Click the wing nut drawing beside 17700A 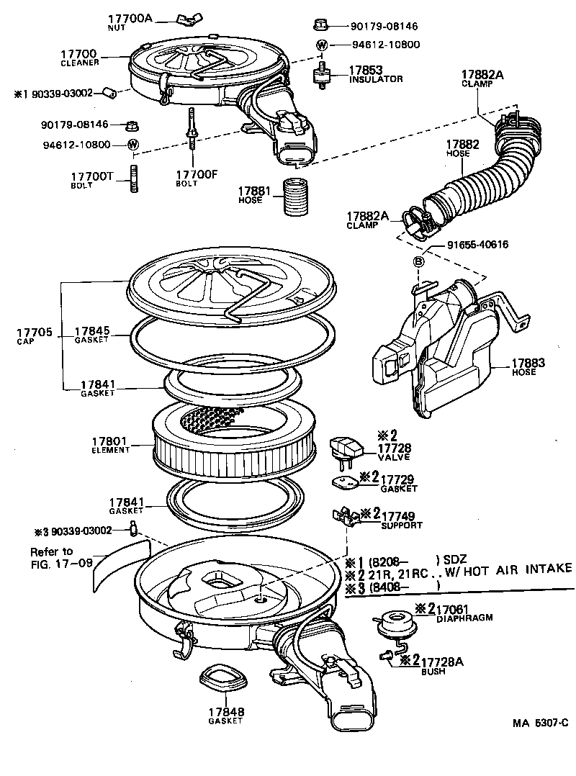(167, 19)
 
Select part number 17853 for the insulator (365, 70)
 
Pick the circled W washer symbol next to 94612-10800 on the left (132, 145)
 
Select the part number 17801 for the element (109, 441)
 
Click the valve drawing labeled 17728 (343, 451)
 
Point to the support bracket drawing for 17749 (346, 516)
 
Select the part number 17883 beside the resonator (528, 364)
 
